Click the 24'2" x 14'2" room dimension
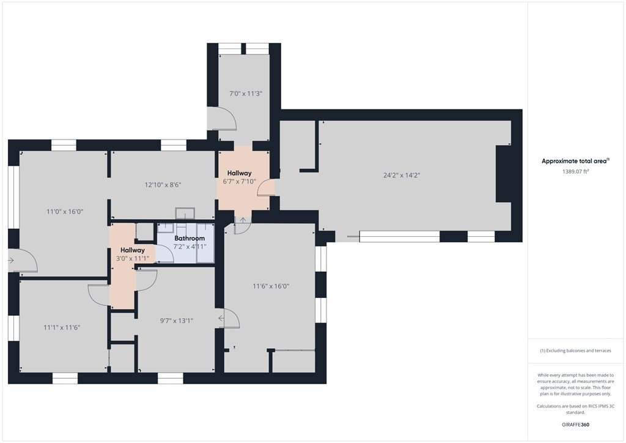[x=402, y=175]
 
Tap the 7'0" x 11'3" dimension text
[x=246, y=94]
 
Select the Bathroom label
[x=190, y=238]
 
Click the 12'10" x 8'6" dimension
[x=163, y=185]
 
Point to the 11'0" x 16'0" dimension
[x=65, y=211]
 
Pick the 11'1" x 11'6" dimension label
[x=62, y=327]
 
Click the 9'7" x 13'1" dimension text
[x=177, y=321]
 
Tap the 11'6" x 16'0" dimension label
[x=271, y=286]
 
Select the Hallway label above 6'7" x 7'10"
[x=240, y=173]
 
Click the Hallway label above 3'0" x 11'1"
[x=133, y=250]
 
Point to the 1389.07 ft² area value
[x=576, y=171]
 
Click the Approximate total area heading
[x=575, y=161]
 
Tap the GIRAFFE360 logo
[x=575, y=425]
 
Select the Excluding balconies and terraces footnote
[x=575, y=351]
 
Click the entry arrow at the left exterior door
[x=11, y=261]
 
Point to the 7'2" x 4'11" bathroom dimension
[x=190, y=247]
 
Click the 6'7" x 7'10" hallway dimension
[x=240, y=181]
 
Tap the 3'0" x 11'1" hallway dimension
[x=133, y=258]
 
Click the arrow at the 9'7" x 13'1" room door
[x=221, y=318]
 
